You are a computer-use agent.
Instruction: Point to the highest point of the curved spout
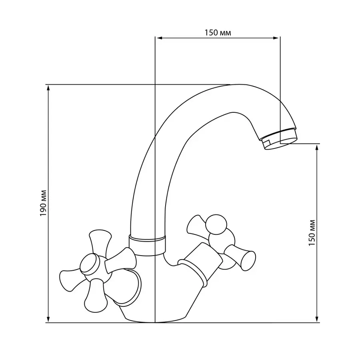236,85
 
